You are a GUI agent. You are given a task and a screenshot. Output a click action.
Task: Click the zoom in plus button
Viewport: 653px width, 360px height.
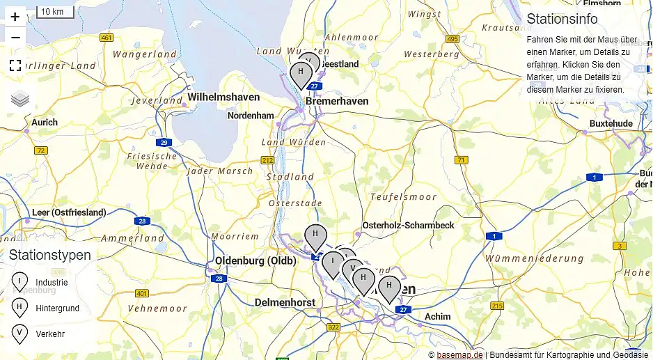pos(15,17)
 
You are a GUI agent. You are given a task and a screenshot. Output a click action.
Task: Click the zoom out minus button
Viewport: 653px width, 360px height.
pos(15,37)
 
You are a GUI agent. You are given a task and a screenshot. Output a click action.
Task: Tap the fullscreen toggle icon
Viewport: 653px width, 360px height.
pos(15,66)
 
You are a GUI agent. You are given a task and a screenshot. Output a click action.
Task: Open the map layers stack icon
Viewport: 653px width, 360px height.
pos(20,100)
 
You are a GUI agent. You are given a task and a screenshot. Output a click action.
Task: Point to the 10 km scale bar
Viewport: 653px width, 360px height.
pos(54,12)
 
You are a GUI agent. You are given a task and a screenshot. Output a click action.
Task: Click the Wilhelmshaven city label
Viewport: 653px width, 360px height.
pos(223,97)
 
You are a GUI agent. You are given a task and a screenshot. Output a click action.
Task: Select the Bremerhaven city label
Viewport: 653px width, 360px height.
pos(336,102)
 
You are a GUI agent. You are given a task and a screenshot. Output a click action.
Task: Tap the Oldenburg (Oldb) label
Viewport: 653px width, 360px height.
pos(255,261)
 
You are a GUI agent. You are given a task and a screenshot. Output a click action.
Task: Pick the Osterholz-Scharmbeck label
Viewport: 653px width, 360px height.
pos(408,226)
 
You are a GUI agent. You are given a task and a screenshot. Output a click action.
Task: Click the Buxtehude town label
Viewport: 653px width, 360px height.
pos(611,123)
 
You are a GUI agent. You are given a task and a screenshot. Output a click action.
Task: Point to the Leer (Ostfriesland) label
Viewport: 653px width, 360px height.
pos(69,212)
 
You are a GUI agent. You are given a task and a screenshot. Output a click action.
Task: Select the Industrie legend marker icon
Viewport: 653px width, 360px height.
pos(19,282)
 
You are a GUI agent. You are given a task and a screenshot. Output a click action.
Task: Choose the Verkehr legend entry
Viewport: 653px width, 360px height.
pos(50,334)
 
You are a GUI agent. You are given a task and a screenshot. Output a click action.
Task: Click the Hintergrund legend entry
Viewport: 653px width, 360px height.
pos(57,308)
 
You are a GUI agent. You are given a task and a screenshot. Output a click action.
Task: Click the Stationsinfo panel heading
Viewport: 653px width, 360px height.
pos(562,19)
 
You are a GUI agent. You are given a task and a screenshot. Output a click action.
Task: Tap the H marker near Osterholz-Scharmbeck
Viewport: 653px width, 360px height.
pos(315,235)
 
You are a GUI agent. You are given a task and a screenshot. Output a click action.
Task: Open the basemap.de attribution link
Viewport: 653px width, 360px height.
pos(459,354)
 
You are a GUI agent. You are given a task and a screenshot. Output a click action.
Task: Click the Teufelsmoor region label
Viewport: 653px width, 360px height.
pos(403,197)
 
